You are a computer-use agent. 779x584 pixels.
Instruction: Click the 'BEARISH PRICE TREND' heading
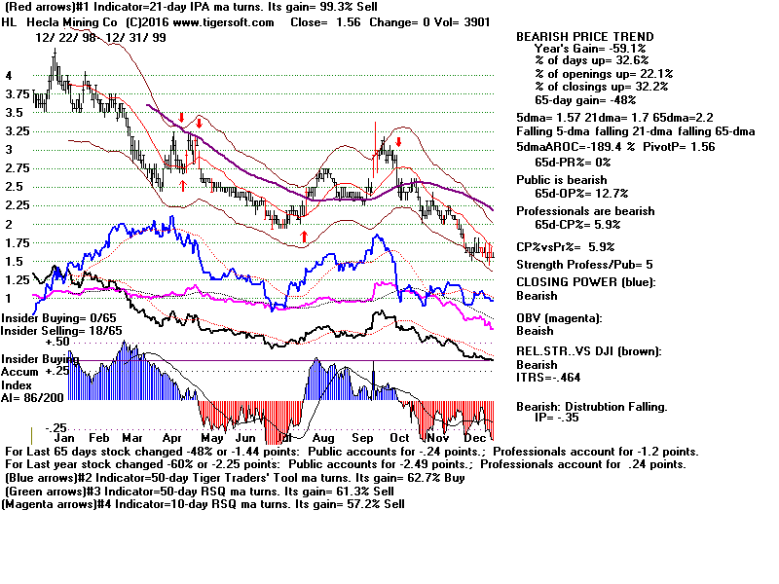point(584,37)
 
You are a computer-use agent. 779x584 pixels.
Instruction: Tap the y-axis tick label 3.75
point(16,94)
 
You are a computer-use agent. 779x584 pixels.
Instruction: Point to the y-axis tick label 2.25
point(16,205)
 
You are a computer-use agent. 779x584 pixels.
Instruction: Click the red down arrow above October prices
point(398,130)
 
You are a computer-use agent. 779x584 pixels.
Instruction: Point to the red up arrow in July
point(305,235)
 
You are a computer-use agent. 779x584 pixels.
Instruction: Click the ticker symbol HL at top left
point(10,22)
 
